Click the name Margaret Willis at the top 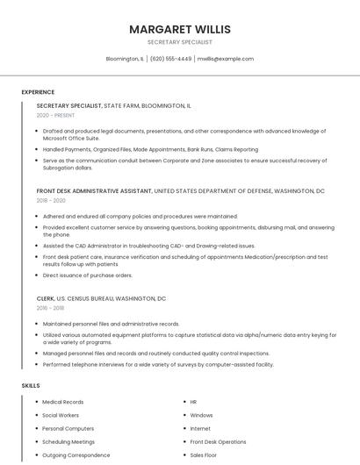pyautogui.click(x=179, y=29)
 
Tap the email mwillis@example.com pyautogui.click(x=225, y=59)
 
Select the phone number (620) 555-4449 pyautogui.click(x=170, y=59)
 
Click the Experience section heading pyautogui.click(x=38, y=92)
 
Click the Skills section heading pyautogui.click(x=31, y=385)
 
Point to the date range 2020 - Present pyautogui.click(x=55, y=115)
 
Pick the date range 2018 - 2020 pyautogui.click(x=51, y=200)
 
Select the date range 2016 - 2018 pyautogui.click(x=51, y=308)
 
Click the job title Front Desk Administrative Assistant pyautogui.click(x=94, y=190)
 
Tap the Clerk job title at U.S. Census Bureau pyautogui.click(x=47, y=298)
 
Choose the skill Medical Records pyautogui.click(x=63, y=402)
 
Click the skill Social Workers pyautogui.click(x=61, y=415)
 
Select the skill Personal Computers pyautogui.click(x=67, y=428)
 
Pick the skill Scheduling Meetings pyautogui.click(x=68, y=442)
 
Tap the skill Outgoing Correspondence pyautogui.click(x=76, y=455)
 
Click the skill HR pyautogui.click(x=193, y=402)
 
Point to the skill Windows pyautogui.click(x=201, y=415)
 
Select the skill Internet pyautogui.click(x=200, y=428)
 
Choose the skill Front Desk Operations pyautogui.click(x=218, y=442)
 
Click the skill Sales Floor pyautogui.click(x=203, y=455)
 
